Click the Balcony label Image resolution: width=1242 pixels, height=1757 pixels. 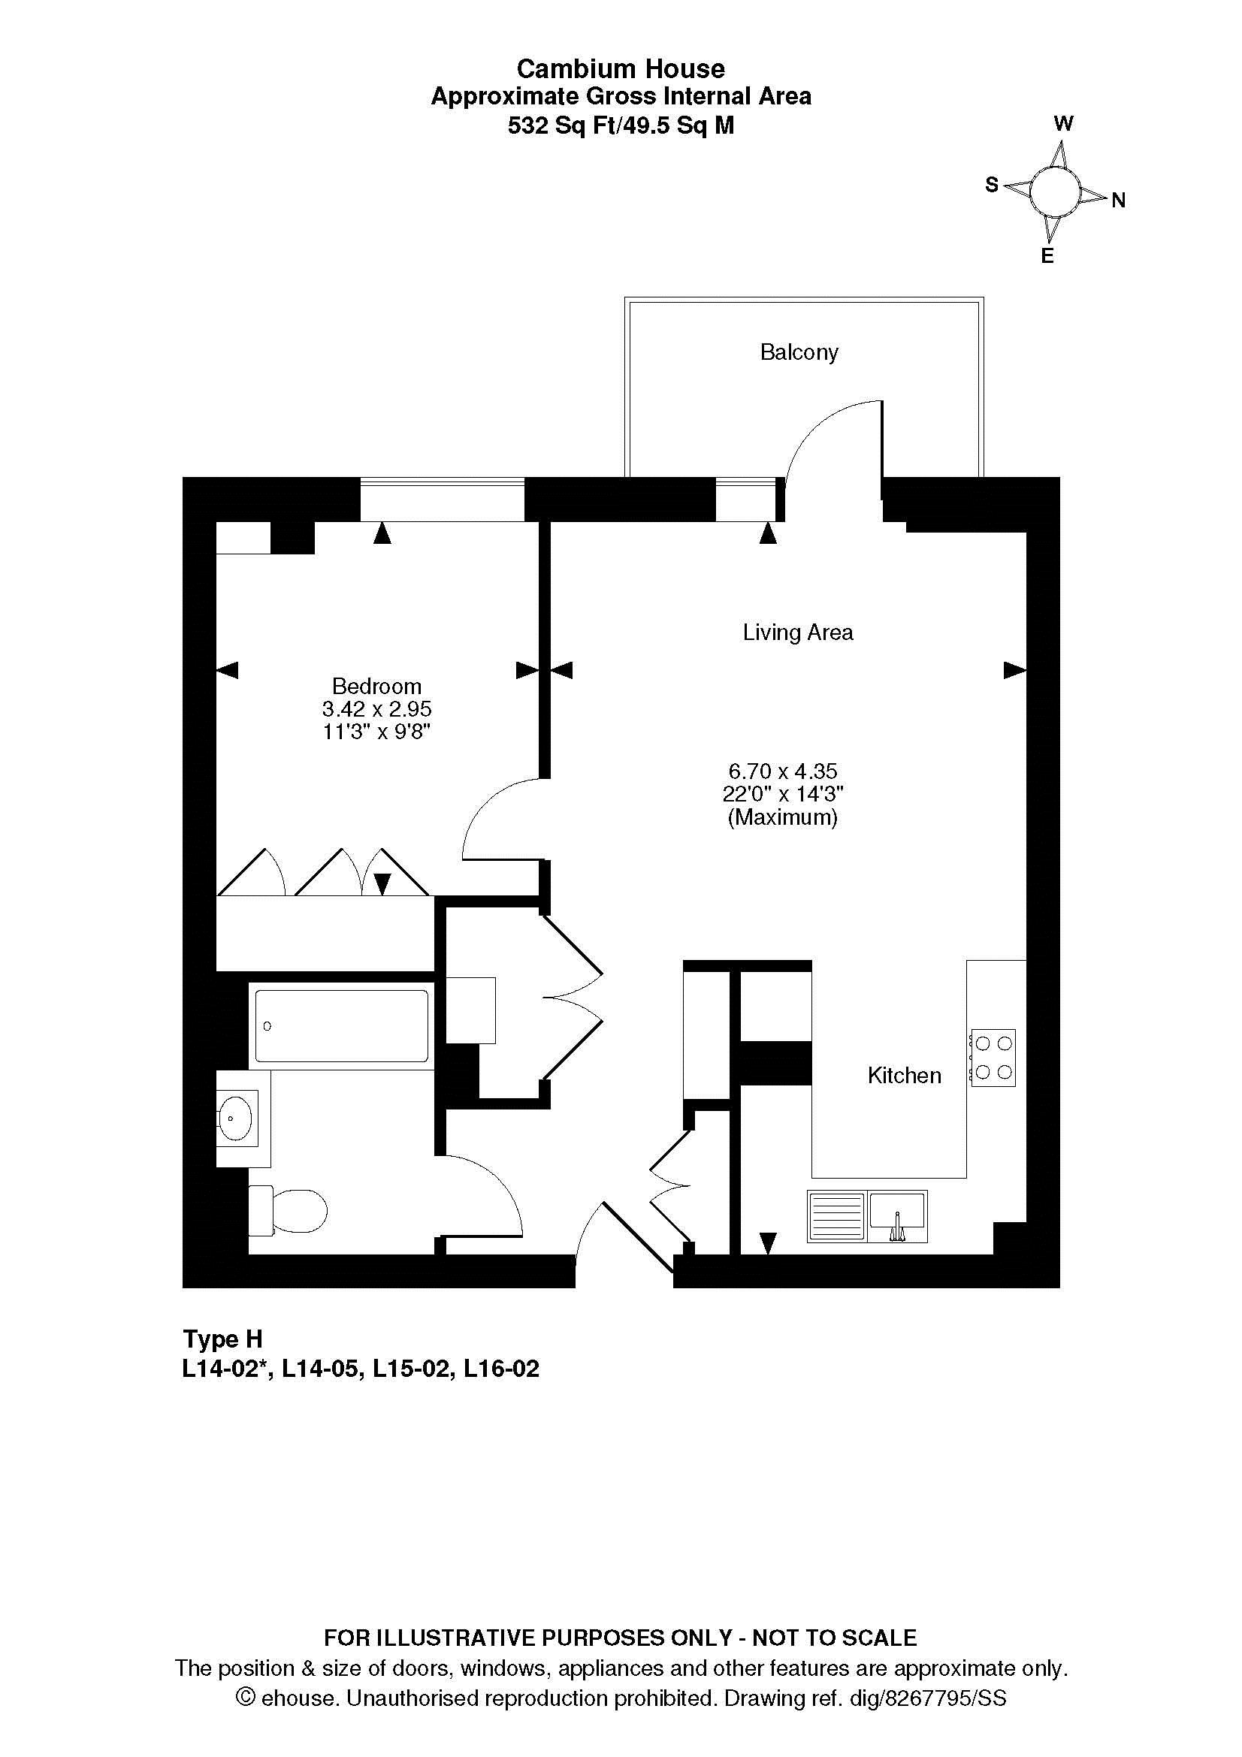pos(799,353)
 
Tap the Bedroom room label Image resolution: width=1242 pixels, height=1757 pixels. pos(376,686)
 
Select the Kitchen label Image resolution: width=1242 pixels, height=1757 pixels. pos(904,1076)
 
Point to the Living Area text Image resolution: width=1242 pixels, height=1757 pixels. pos(797,632)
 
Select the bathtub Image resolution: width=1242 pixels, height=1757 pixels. pos(341,1026)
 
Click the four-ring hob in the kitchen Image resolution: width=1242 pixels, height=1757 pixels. pos(993,1057)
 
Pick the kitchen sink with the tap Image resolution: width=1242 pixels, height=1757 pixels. pos(896,1216)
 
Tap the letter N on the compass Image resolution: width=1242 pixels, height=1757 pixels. pos(1118,201)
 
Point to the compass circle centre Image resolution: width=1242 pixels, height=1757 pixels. pos(1053,193)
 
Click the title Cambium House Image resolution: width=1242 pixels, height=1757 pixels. pos(621,69)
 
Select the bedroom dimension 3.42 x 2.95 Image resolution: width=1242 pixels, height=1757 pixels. pos(376,709)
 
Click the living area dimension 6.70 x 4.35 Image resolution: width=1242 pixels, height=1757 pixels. pos(783,771)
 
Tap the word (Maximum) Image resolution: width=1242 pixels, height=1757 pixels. pos(783,818)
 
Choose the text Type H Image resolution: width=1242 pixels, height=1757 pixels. pos(222,1339)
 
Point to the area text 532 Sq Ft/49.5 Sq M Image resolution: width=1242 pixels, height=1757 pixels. pos(621,125)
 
